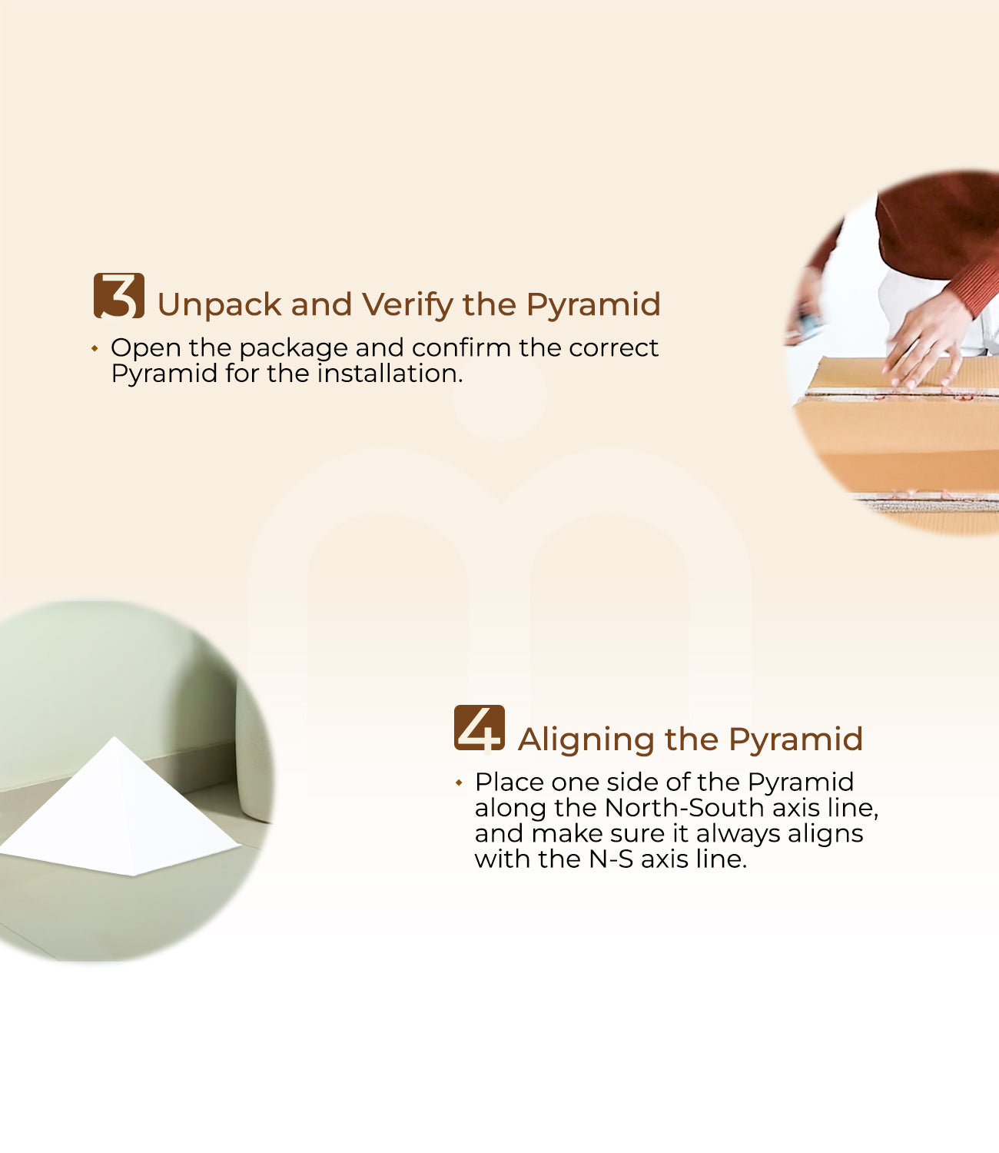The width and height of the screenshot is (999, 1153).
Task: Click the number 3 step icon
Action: click(x=119, y=296)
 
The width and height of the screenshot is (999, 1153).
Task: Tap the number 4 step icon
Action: click(x=480, y=728)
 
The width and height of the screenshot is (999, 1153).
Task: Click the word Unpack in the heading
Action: click(x=219, y=305)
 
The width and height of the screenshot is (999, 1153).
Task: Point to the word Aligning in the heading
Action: click(x=586, y=740)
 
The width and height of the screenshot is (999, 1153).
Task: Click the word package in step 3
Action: click(x=294, y=349)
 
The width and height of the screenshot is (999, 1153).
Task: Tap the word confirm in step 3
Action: click(x=462, y=347)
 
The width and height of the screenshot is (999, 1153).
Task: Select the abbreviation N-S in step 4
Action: click(x=611, y=859)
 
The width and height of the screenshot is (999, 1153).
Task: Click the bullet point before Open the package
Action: click(x=95, y=349)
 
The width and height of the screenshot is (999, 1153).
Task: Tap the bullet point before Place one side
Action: click(x=459, y=783)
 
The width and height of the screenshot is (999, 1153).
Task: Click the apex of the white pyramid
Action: click(x=115, y=737)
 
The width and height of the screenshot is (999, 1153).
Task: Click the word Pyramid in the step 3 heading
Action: click(x=593, y=305)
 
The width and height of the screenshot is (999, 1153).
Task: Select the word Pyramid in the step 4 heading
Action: click(x=796, y=740)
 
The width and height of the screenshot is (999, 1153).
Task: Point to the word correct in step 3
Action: click(x=613, y=349)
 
